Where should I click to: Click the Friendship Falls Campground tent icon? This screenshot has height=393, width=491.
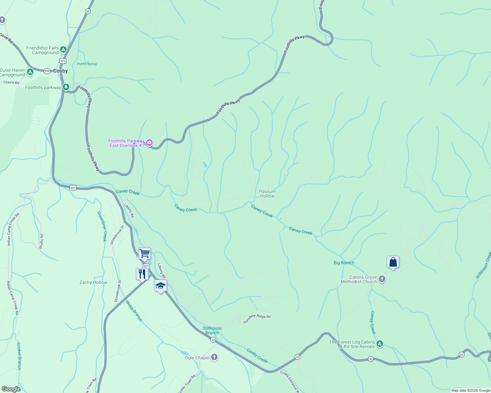[x=63, y=50]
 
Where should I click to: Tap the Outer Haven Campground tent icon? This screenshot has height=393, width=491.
[x=30, y=72]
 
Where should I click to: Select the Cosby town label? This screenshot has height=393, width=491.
[x=60, y=71]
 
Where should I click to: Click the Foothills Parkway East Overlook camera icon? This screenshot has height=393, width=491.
[x=149, y=142]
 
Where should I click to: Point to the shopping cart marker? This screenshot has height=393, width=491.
[x=144, y=253]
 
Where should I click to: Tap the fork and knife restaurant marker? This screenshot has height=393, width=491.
[x=142, y=274]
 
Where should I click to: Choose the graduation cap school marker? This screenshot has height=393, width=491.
[x=160, y=286]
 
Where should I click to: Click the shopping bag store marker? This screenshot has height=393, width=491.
[x=393, y=262]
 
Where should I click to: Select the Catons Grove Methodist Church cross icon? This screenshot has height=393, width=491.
[x=382, y=279]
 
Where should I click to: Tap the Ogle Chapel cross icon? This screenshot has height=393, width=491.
[x=214, y=357]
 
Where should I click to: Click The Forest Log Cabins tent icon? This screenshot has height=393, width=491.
[x=380, y=344]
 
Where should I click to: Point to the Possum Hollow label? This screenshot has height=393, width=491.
[x=267, y=194]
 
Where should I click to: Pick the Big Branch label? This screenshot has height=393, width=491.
[x=344, y=263]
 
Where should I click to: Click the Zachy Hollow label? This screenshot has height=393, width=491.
[x=93, y=282]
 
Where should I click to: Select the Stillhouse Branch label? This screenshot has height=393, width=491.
[x=212, y=330]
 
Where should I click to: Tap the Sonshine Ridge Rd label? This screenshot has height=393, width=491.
[x=257, y=319]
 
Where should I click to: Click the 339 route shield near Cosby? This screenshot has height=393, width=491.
[x=47, y=71]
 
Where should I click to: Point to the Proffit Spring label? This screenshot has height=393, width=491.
[x=87, y=64]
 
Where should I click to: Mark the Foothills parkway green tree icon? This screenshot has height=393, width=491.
[x=66, y=87]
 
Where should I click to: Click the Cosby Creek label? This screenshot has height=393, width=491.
[x=257, y=356]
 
